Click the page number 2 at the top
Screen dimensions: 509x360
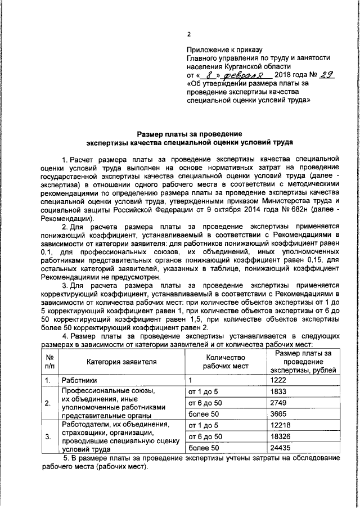pyautogui.click(x=189, y=33)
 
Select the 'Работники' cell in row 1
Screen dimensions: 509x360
pyautogui.click(x=79, y=380)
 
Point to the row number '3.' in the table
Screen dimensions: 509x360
pyautogui.click(x=49, y=437)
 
